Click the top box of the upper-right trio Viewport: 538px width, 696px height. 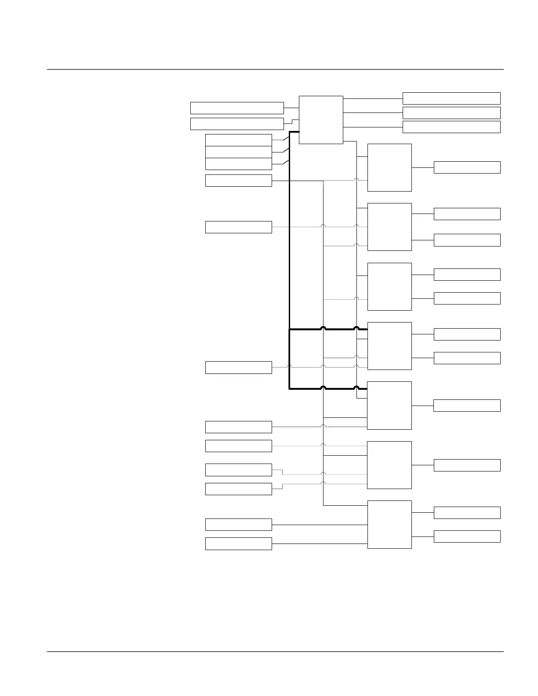(451, 98)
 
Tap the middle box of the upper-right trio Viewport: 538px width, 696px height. (451, 113)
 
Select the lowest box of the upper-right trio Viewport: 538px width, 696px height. (451, 127)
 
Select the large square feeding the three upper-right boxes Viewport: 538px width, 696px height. (321, 120)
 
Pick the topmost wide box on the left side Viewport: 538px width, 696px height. (237, 108)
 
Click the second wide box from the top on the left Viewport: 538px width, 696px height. (237, 124)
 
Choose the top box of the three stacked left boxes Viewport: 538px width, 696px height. (239, 140)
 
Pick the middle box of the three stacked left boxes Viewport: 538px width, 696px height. (239, 152)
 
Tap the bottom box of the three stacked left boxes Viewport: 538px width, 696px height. (239, 164)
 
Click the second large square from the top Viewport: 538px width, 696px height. (389, 227)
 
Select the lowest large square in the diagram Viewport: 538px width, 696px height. (389, 524)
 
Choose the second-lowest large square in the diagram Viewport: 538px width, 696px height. (389, 465)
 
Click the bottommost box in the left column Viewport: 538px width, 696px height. (239, 544)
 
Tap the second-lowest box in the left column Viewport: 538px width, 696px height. (239, 525)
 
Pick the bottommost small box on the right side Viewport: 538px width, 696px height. (467, 536)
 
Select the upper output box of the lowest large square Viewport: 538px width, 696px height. (467, 513)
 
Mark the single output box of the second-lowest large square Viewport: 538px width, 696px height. (467, 465)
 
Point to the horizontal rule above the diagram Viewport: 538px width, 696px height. (275, 69)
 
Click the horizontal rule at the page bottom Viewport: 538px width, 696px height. (275, 652)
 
